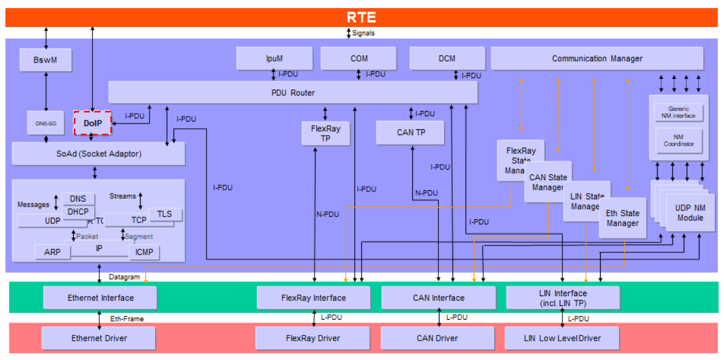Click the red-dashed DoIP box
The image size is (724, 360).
92,123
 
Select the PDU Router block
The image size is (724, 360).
293,92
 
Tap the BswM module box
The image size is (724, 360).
46,60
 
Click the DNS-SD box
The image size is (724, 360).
46,123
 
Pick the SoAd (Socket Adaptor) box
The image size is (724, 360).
98,154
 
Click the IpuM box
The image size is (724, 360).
274,59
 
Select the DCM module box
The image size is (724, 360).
447,59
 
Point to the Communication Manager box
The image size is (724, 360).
597,59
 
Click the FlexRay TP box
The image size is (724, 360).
325,134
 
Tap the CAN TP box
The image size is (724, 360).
410,132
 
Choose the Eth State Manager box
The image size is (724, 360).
622,218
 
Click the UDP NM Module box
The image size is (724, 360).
690,213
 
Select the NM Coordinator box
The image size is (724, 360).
678,141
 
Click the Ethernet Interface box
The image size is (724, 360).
100,298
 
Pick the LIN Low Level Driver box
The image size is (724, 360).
562,338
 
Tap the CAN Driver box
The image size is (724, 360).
437,338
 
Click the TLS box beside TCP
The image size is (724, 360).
165,214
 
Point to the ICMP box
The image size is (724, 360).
144,252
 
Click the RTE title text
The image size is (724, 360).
361,18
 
